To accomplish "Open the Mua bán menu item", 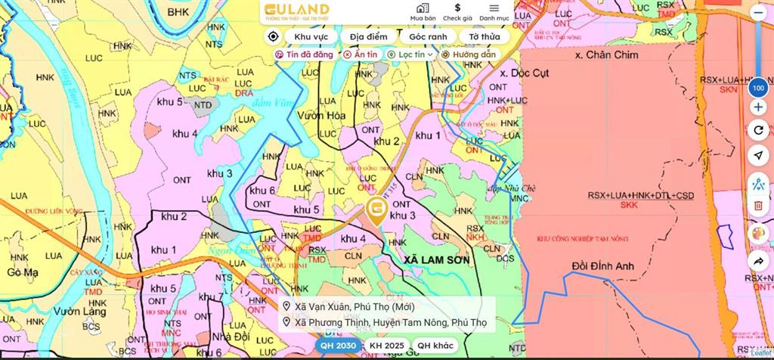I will click(423, 11).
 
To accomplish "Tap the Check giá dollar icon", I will click(457, 11).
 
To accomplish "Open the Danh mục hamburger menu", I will click(494, 11).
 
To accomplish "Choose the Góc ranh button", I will click(428, 36).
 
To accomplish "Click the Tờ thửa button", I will click(484, 36).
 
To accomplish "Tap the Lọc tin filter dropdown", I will click(410, 54).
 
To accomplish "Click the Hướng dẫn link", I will click(469, 54).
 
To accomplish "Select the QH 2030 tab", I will click(337, 346).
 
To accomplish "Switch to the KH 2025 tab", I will click(385, 346).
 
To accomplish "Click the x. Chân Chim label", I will click(606, 54).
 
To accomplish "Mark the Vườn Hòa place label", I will click(321, 115).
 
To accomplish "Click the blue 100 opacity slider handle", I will click(758, 88).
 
